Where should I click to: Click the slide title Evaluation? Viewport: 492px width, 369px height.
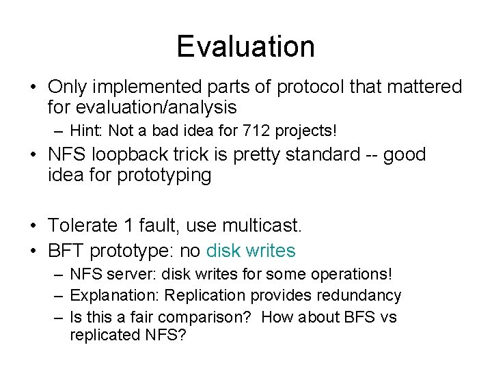coord(245,46)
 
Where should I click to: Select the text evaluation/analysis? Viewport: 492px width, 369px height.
coord(142,107)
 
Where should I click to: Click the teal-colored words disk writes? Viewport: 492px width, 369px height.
coord(251,251)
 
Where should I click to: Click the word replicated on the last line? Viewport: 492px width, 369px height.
coord(101,336)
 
